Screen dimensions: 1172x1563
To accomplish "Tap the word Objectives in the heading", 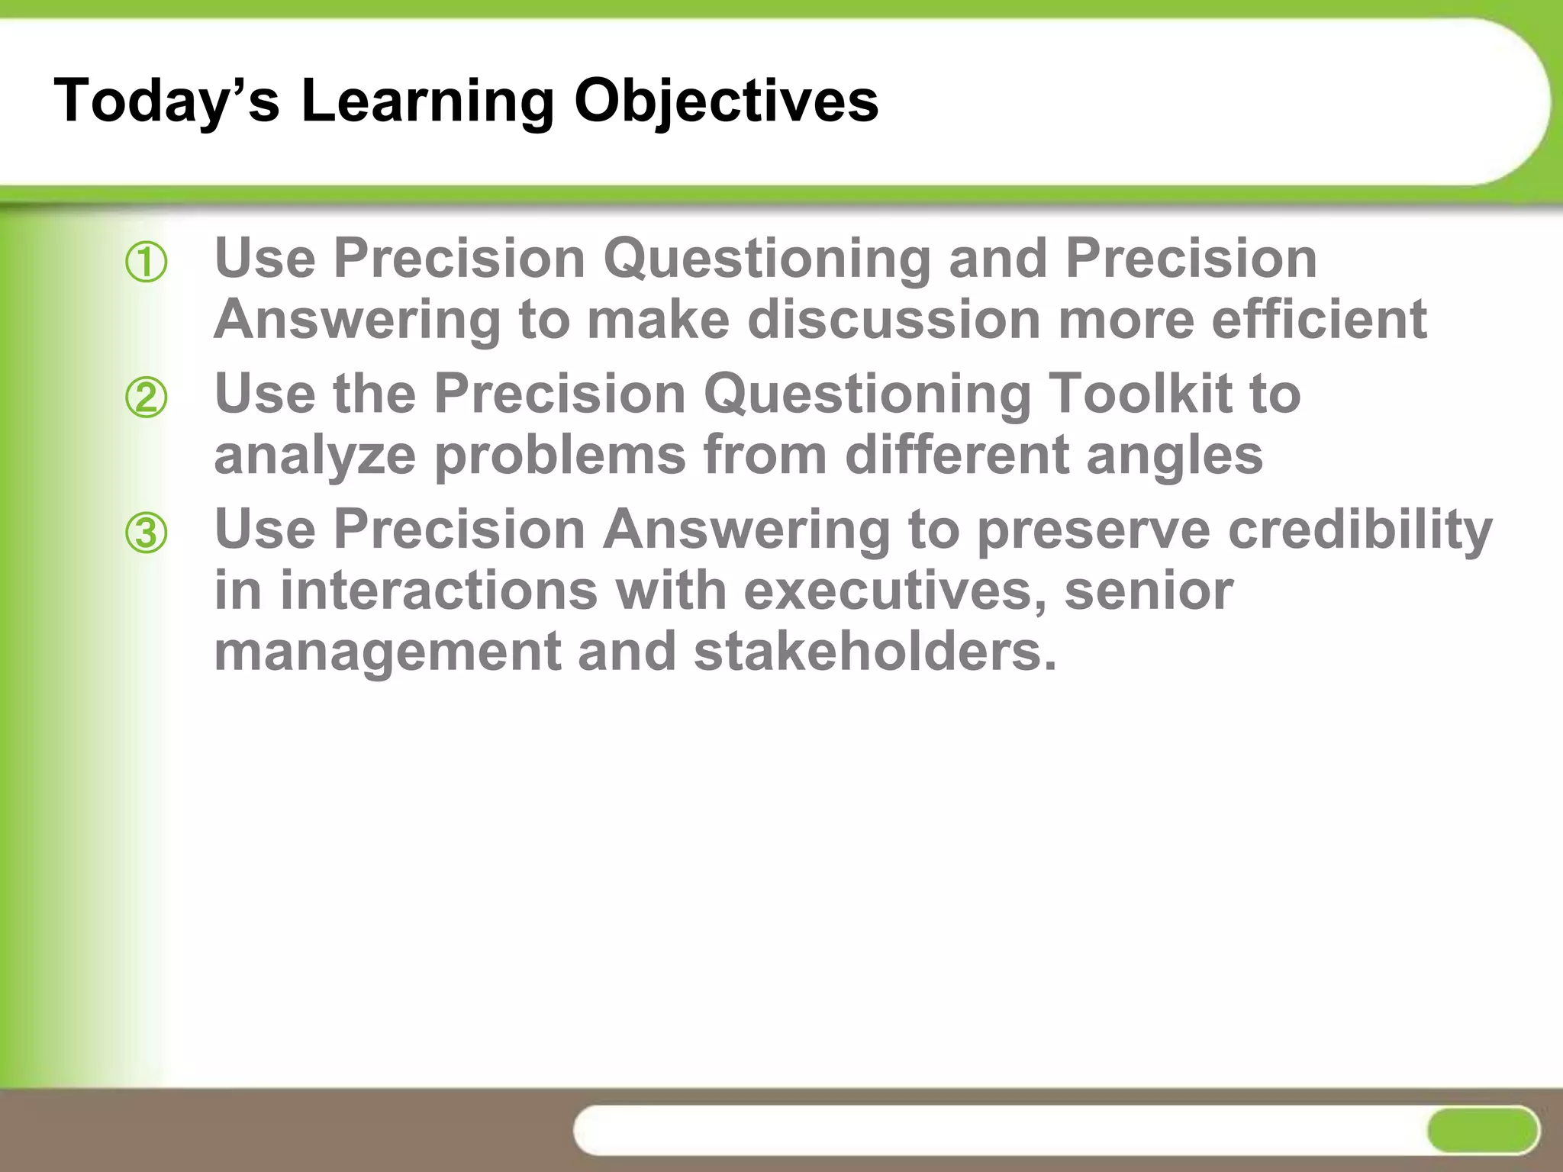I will tap(726, 101).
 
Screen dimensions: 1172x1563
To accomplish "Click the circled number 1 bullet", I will tap(146, 263).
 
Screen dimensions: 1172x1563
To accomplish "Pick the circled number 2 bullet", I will tap(146, 398).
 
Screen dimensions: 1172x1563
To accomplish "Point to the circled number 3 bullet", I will tap(146, 533).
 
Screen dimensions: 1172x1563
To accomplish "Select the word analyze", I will tap(314, 456).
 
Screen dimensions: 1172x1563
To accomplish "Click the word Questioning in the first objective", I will tap(766, 259).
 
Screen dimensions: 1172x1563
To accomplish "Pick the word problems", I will tap(560, 456).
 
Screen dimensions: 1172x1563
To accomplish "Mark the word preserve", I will tap(1093, 529).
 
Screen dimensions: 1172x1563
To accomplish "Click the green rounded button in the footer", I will tap(1481, 1130).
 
